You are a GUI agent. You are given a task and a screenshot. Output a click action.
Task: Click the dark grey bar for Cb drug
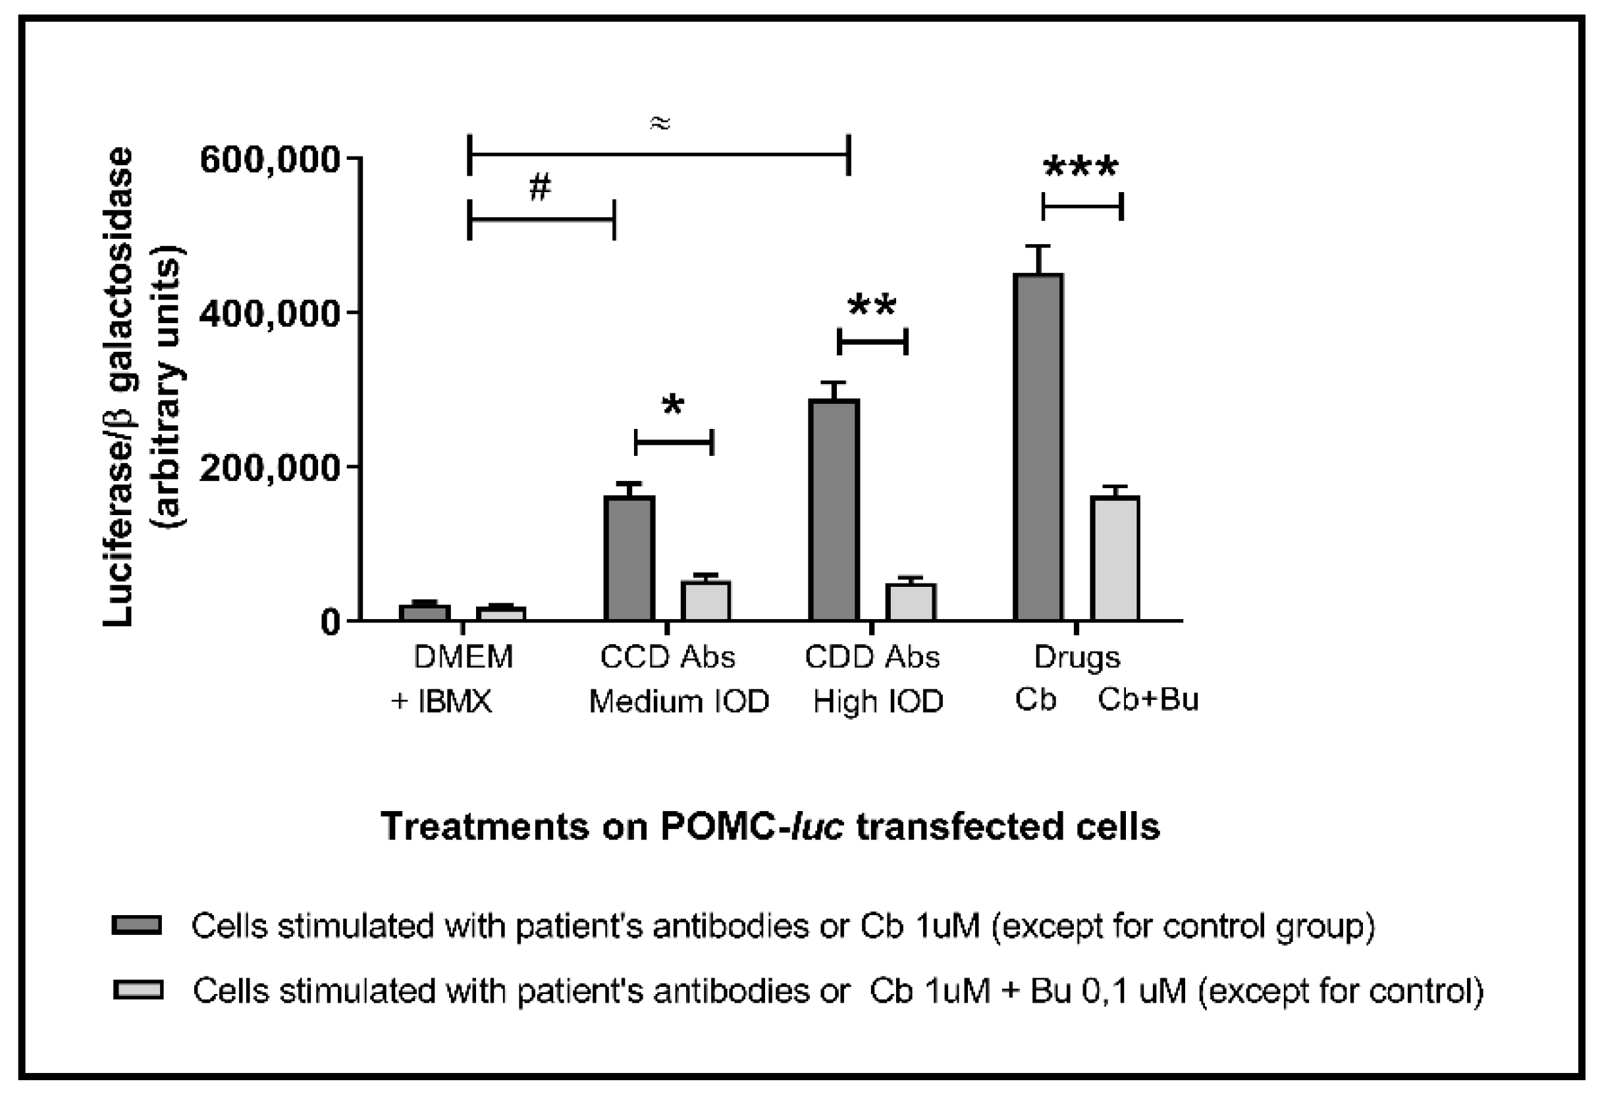point(1038,447)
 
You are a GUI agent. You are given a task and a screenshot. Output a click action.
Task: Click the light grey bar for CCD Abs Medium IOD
point(705,601)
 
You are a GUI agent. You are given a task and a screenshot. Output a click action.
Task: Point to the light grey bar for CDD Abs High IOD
point(911,602)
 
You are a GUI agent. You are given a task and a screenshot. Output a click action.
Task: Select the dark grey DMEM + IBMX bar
point(425,612)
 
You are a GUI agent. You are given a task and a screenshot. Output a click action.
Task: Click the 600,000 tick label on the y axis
point(269,160)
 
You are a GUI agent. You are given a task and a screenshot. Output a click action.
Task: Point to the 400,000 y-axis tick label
point(269,314)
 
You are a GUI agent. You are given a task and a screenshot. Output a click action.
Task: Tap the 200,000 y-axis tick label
point(269,468)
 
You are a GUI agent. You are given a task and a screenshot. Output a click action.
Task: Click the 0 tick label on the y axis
point(330,622)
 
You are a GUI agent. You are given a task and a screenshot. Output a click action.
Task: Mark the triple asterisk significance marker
point(1080,167)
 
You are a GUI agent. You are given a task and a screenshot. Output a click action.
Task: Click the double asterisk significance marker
point(872,305)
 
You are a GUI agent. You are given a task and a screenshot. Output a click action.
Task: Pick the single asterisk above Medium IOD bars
point(672,405)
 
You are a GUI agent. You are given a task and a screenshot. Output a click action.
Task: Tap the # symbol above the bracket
point(541,187)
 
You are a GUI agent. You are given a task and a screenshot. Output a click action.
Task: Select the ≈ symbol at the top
point(658,124)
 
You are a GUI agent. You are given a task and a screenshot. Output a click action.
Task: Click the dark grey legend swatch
point(137,925)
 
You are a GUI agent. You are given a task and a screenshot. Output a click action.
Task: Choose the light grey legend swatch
point(138,989)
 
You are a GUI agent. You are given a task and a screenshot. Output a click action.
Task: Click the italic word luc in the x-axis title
point(817,826)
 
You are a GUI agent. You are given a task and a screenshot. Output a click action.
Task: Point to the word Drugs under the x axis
point(1077,657)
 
